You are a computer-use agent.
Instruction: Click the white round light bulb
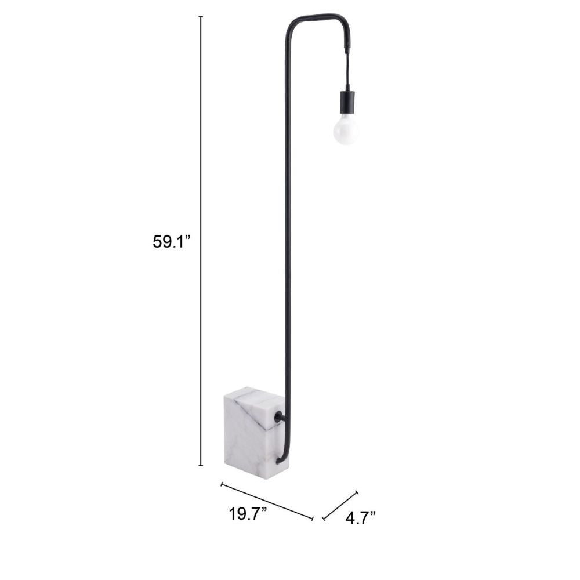click(346, 129)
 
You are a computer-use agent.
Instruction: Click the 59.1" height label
click(171, 242)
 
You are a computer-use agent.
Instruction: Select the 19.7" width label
click(248, 514)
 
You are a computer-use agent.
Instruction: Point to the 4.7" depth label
click(360, 518)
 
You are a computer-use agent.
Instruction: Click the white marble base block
click(256, 432)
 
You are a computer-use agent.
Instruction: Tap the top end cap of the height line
click(201, 17)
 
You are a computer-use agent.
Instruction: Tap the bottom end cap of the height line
click(201, 465)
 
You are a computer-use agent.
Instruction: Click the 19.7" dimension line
click(267, 501)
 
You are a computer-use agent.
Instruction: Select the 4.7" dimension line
click(340, 506)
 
